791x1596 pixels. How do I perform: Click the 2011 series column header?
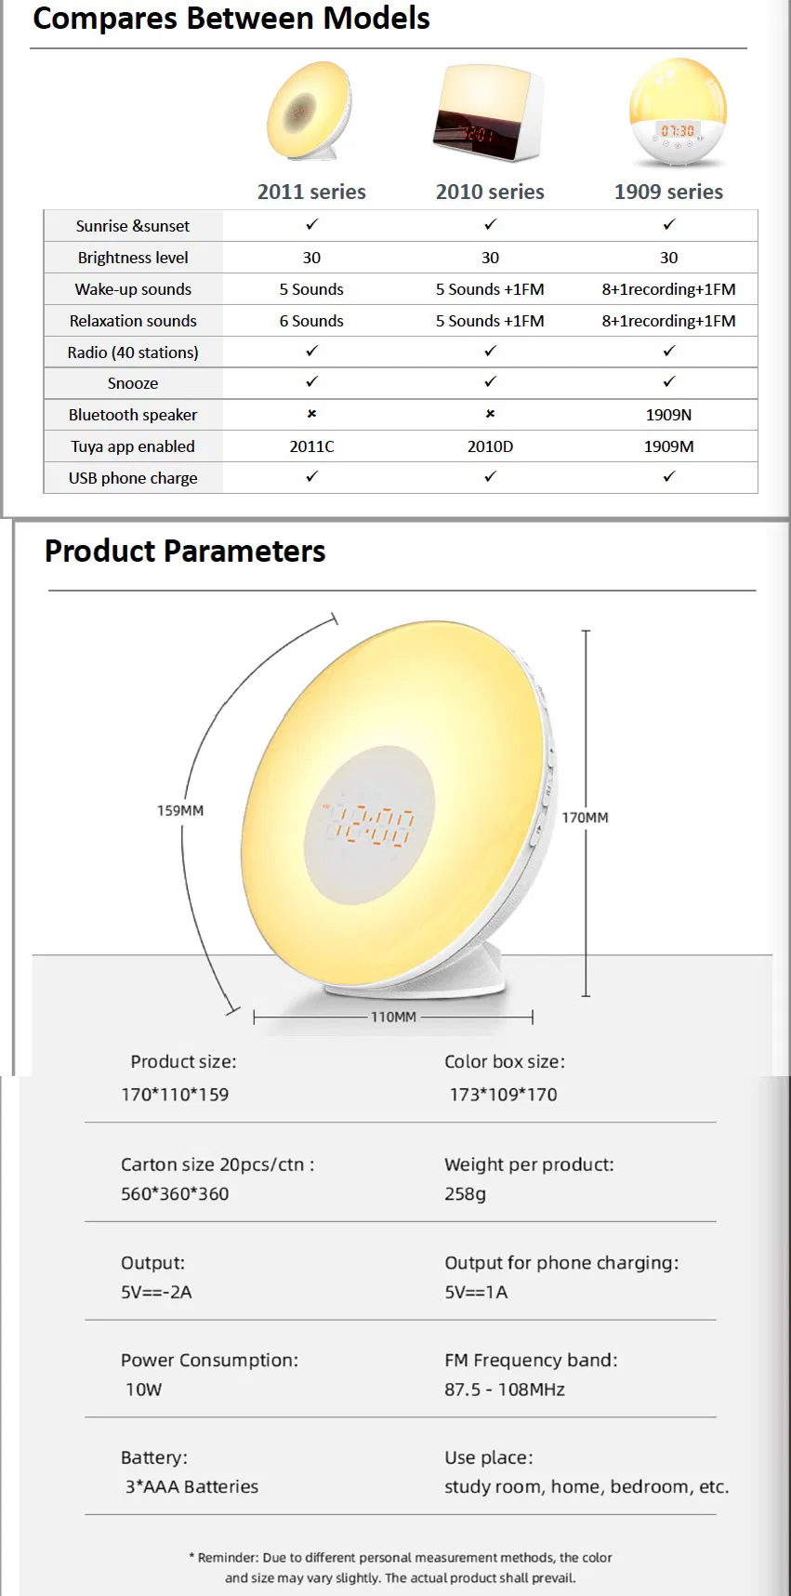(x=311, y=192)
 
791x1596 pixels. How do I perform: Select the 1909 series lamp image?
(x=678, y=113)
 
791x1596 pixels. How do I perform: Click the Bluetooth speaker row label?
(x=133, y=415)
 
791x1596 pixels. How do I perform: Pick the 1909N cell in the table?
(x=668, y=415)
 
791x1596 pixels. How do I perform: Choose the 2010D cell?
(x=490, y=446)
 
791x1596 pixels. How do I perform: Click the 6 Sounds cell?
(x=311, y=321)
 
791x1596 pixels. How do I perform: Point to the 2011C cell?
(x=311, y=446)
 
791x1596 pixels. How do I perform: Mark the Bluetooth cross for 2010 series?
(x=490, y=414)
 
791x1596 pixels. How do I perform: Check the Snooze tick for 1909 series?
(x=668, y=382)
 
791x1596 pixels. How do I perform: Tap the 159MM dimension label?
(x=180, y=811)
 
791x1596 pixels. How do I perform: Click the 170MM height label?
(x=585, y=818)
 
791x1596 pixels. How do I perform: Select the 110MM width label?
(x=393, y=1017)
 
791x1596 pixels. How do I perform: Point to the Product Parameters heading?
(x=185, y=552)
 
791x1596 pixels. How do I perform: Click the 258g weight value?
(x=465, y=1194)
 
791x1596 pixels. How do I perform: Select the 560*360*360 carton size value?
(x=175, y=1194)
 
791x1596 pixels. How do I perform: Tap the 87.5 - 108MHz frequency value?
(x=505, y=1390)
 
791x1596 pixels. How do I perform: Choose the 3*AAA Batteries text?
(x=191, y=1486)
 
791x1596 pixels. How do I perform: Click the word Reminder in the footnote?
(x=228, y=1557)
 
